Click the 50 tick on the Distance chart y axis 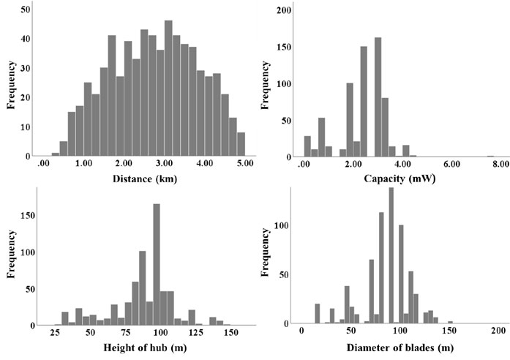25,9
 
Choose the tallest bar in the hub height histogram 157,263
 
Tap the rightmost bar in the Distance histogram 241,144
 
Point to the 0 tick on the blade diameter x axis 301,333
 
